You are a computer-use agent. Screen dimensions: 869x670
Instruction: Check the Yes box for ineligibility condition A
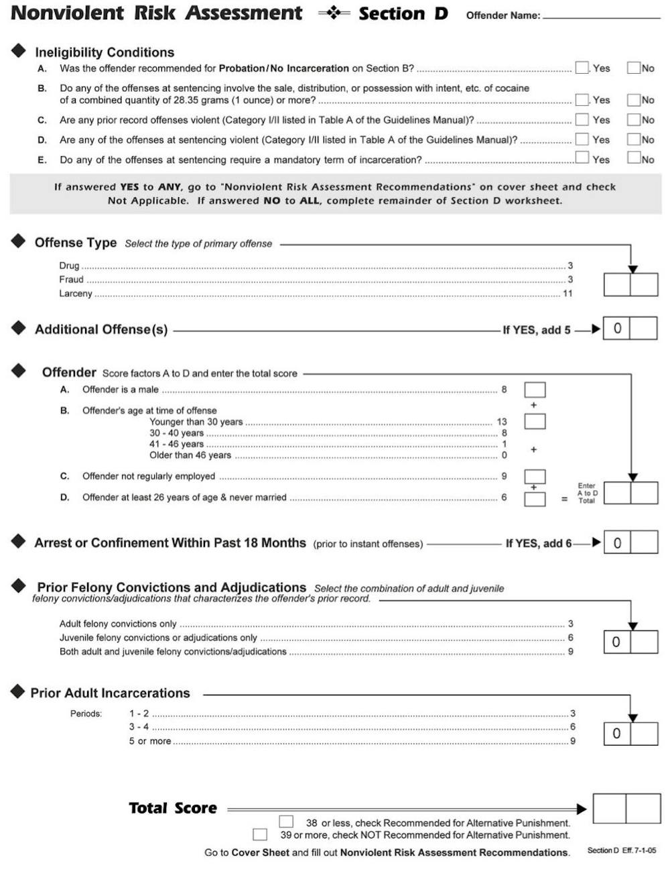(582, 68)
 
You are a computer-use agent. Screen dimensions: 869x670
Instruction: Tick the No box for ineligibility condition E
(633, 158)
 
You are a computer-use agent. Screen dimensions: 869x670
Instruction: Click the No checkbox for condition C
(633, 119)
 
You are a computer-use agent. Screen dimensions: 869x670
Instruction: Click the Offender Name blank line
(601, 17)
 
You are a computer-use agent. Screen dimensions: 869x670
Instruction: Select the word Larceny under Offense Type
(75, 294)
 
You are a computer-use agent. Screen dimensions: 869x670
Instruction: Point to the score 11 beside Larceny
(567, 294)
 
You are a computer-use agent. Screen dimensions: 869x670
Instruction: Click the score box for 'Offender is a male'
(534, 390)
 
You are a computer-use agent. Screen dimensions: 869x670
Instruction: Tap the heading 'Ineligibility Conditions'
(105, 52)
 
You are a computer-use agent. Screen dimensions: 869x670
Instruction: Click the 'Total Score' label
(173, 809)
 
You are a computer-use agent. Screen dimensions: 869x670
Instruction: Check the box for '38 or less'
(286, 821)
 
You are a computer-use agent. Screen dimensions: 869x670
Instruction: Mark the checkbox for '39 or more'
(260, 835)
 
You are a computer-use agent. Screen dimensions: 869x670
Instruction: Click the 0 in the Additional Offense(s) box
(617, 329)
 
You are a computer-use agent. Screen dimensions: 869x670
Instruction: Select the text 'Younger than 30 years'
(196, 422)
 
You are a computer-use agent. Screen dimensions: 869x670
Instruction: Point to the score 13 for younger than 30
(502, 422)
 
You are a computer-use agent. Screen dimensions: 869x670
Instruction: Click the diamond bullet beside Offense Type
(18, 241)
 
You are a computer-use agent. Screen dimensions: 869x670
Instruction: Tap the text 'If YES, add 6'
(538, 543)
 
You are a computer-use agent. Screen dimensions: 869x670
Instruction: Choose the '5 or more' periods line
(150, 741)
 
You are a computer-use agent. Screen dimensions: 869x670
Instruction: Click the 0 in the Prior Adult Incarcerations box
(617, 734)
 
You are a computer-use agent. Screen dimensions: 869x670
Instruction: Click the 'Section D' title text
(403, 13)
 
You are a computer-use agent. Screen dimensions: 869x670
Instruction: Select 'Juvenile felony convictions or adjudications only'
(158, 638)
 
